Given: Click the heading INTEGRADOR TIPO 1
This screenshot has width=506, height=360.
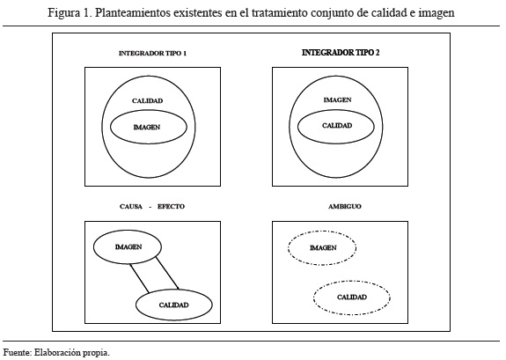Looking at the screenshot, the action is coord(152,54).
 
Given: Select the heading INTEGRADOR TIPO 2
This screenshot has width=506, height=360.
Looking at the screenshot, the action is coord(341,53).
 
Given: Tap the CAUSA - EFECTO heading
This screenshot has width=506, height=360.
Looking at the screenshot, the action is coord(152,206).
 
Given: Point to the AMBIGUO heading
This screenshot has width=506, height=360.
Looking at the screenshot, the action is coord(345,206).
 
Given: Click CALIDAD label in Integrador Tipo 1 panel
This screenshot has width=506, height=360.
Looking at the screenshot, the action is coord(148,100).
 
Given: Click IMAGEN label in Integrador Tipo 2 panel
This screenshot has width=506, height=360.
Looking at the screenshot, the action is coord(337,99).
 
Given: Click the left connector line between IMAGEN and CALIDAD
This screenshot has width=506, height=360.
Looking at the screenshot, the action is coord(139,278).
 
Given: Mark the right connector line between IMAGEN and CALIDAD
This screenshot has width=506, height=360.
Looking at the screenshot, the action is coord(167,273).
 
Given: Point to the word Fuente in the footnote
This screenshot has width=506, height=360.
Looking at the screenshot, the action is coord(17,352).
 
